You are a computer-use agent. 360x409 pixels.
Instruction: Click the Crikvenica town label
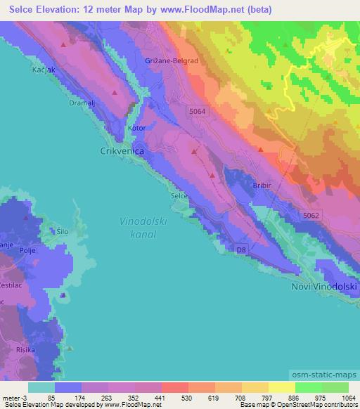click(121, 150)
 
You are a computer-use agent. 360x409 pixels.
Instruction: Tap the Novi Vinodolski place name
click(325, 288)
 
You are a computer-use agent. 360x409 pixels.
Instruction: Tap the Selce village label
click(179, 195)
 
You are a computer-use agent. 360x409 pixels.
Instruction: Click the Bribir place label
click(261, 184)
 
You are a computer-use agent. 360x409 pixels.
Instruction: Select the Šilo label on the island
click(63, 230)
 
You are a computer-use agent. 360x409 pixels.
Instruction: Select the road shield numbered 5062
click(311, 214)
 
